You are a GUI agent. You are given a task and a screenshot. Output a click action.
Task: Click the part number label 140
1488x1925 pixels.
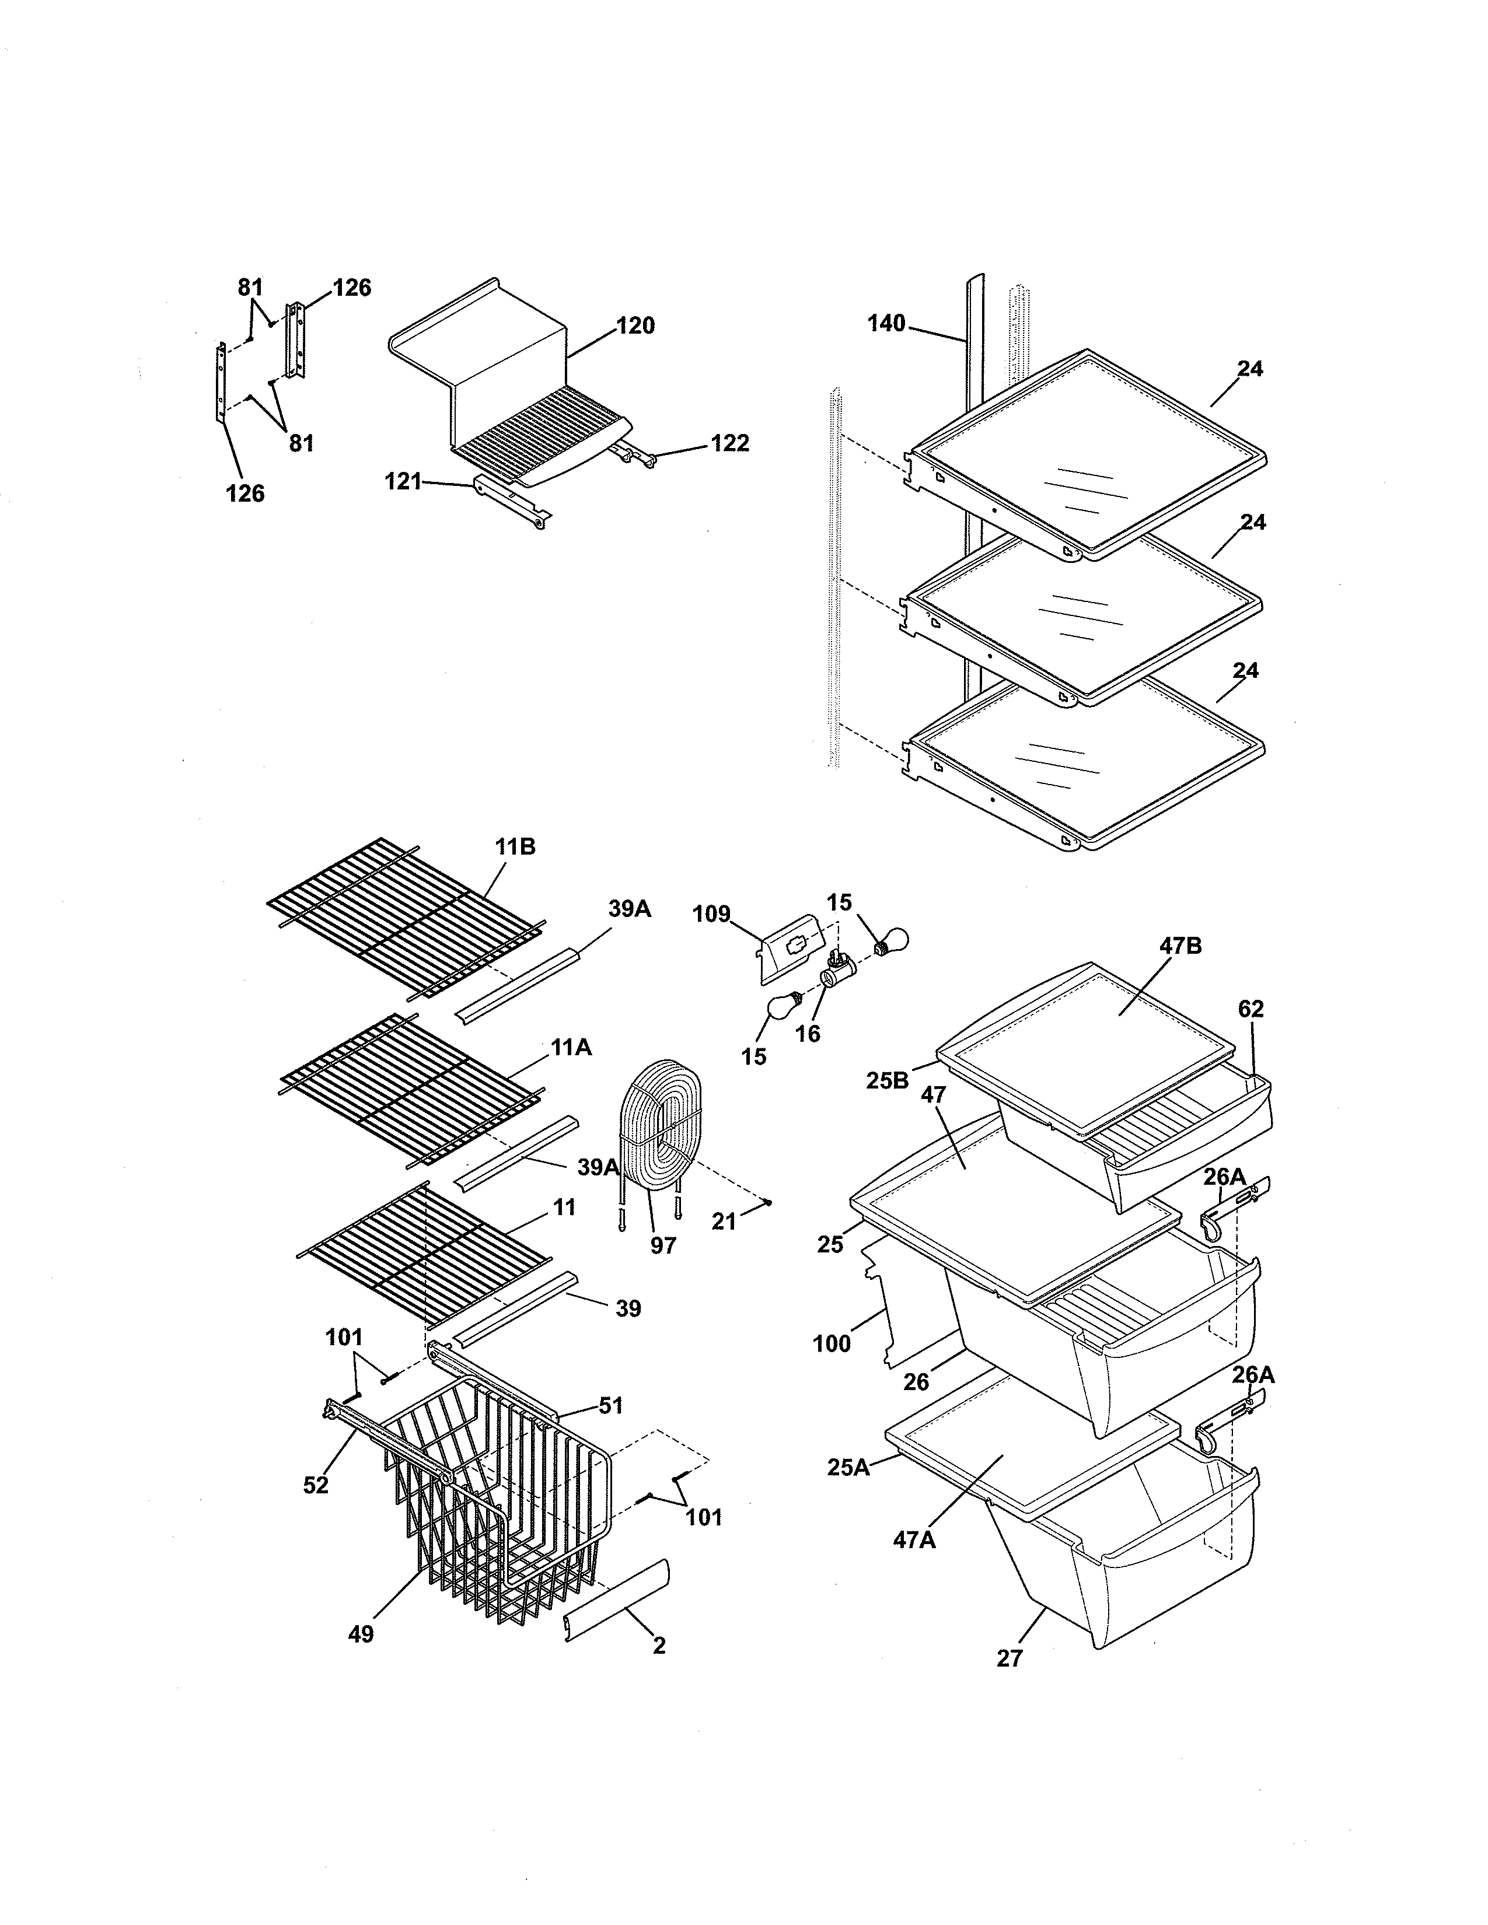coord(886,324)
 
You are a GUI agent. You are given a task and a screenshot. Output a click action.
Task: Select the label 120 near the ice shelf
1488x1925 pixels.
coord(635,325)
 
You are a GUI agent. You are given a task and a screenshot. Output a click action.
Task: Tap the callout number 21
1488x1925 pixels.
coord(724,1221)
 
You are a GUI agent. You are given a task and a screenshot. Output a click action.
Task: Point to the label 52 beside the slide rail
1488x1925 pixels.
coord(316,1485)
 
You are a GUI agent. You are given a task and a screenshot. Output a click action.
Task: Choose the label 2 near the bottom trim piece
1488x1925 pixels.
coord(658,1645)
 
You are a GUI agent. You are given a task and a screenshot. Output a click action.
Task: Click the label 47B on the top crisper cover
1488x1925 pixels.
coord(1180,946)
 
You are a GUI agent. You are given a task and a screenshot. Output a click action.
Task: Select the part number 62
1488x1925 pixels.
coord(1250,1009)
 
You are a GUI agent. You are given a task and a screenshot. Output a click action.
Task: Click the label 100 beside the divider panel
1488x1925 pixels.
coord(832,1343)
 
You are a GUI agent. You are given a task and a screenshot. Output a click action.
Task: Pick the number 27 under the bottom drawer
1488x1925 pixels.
coord(1010,1658)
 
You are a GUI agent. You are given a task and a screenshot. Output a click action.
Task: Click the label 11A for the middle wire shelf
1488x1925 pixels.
coord(571,1047)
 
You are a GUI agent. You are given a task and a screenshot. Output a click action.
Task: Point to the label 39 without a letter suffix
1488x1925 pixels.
coord(628,1308)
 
